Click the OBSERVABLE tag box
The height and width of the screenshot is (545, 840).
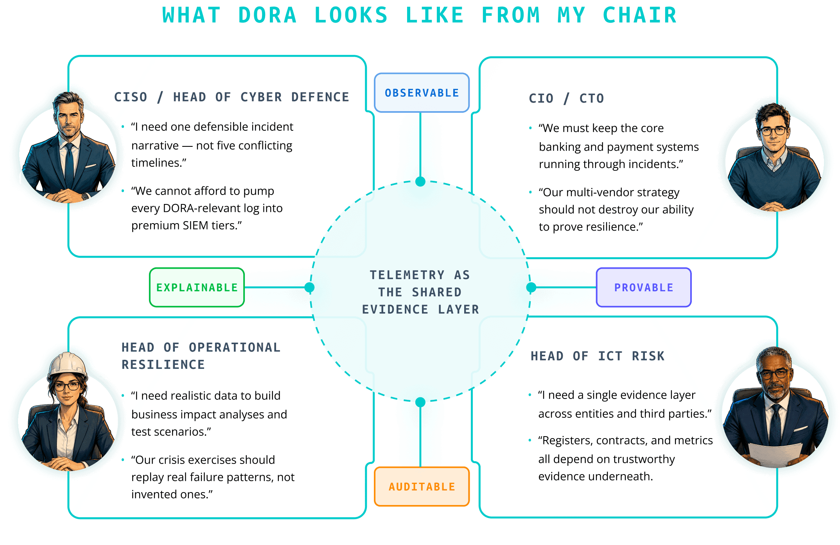pyautogui.click(x=422, y=93)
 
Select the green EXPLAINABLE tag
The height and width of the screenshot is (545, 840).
pyautogui.click(x=197, y=287)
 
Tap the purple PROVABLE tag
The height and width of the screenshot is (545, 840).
pyautogui.click(x=644, y=287)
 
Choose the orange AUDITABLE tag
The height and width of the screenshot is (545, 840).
pyautogui.click(x=422, y=487)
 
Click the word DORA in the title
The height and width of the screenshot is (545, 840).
pyautogui.click(x=267, y=16)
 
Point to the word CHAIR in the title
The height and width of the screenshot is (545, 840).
pyautogui.click(x=640, y=16)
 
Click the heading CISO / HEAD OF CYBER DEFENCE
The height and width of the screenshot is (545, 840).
pyautogui.click(x=232, y=97)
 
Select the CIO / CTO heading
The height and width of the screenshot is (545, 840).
pyautogui.click(x=566, y=98)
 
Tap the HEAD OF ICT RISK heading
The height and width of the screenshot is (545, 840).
pyautogui.click(x=598, y=356)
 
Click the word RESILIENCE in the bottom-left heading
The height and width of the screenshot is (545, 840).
pyautogui.click(x=163, y=365)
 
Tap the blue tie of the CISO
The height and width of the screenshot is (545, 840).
pyautogui.click(x=69, y=164)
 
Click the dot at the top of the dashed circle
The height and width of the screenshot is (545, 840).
pyautogui.click(x=420, y=181)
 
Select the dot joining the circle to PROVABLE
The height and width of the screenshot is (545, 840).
pyautogui.click(x=531, y=287)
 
